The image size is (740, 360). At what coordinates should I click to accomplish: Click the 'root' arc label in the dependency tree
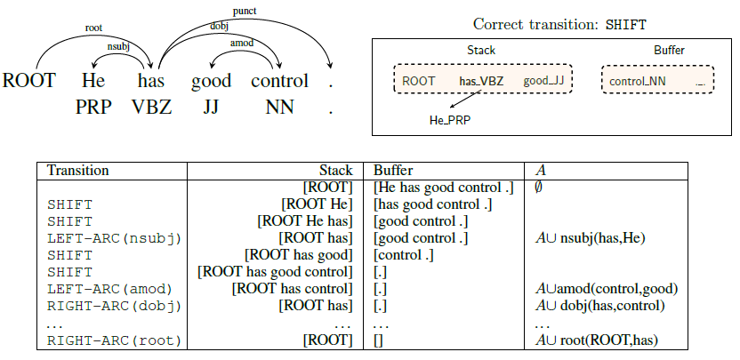point(94,28)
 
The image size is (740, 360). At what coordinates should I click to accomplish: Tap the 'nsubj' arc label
point(118,44)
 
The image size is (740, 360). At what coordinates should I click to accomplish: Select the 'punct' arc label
point(243,11)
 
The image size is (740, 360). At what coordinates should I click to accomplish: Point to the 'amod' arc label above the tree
point(240,43)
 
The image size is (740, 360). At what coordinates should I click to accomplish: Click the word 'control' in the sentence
point(279,81)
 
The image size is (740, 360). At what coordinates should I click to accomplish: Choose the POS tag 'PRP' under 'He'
point(93,108)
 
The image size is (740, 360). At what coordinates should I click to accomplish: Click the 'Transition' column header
point(77,171)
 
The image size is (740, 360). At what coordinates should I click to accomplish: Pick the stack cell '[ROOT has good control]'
point(275,272)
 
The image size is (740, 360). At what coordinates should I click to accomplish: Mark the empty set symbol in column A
point(538,188)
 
